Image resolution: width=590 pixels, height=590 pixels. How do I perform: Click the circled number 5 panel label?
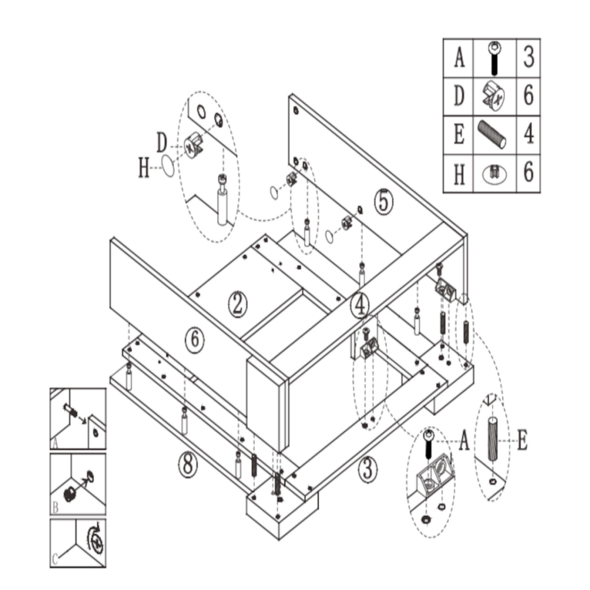click(383, 202)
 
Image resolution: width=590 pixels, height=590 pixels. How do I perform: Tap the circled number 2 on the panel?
click(237, 304)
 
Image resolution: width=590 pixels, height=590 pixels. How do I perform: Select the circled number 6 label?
click(195, 340)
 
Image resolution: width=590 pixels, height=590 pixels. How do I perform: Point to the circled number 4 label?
click(360, 305)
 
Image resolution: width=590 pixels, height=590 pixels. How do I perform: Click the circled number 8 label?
click(188, 463)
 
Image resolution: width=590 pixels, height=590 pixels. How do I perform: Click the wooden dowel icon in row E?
click(492, 134)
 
